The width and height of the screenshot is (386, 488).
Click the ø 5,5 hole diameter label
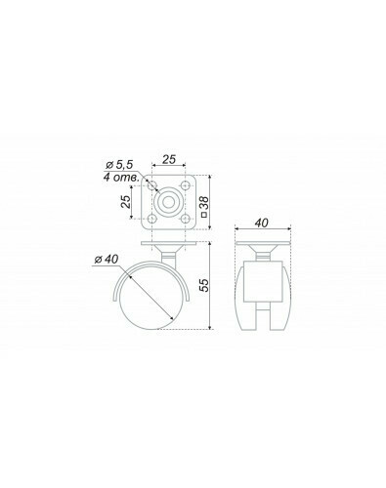(119, 165)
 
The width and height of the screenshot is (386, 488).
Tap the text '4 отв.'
(121, 178)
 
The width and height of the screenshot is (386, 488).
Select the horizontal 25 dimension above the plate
(169, 159)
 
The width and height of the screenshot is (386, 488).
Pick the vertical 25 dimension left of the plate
(126, 202)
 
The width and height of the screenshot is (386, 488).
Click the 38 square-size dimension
(205, 202)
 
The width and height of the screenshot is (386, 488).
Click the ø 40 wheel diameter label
(107, 260)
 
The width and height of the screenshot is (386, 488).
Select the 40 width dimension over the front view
(262, 224)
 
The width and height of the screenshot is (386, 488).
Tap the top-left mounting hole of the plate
(151, 185)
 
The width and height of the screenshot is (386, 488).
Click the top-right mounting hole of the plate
(185, 185)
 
